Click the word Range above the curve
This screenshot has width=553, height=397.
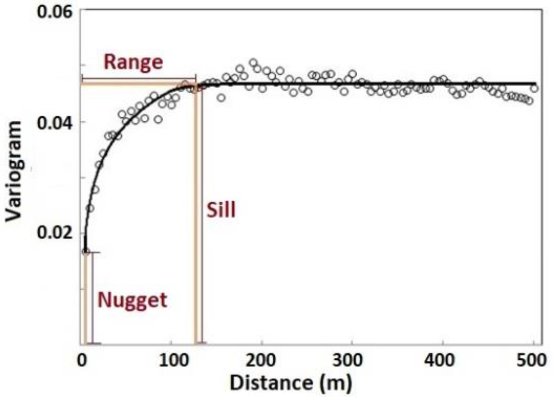pos(133,62)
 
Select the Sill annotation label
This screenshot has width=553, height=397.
pos(221,210)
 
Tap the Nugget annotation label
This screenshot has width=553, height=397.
pos(132,300)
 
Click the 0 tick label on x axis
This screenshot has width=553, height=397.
pos(82,360)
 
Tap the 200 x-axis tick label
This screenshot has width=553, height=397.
pos(262,360)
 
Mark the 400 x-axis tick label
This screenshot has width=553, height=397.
pos(442,360)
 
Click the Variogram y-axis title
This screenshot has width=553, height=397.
pos(14,171)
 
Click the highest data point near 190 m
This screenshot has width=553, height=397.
pos(253,63)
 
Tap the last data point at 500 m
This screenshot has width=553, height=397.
pos(534,89)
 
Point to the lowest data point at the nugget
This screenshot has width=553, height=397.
pos(86,252)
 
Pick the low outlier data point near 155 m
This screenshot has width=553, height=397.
pos(221,98)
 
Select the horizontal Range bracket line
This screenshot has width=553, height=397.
pos(139,79)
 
